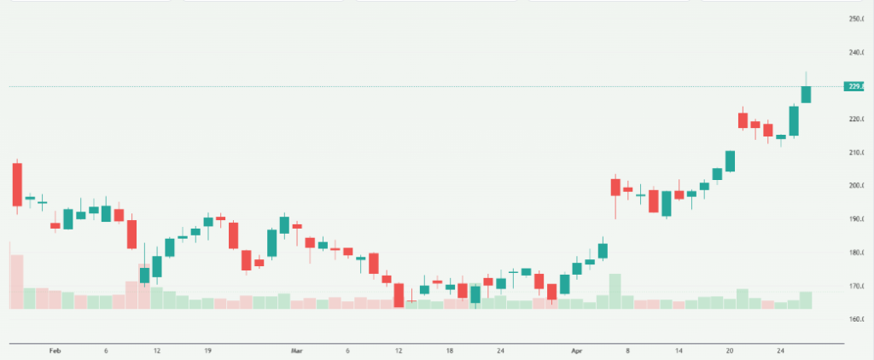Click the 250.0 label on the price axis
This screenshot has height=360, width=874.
click(x=858, y=19)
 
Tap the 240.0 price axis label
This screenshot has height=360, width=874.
click(x=858, y=53)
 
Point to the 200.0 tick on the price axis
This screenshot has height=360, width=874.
click(x=858, y=186)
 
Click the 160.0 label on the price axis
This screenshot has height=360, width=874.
click(x=858, y=320)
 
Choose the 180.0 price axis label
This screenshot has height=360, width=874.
click(x=858, y=253)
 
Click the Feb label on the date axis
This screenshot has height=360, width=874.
click(x=55, y=351)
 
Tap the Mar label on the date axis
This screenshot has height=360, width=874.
click(x=297, y=351)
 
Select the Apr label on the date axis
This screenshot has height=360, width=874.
click(x=576, y=351)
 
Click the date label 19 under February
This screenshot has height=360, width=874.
click(x=207, y=351)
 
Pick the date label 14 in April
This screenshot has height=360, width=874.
click(x=679, y=351)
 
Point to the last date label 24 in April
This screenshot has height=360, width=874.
click(x=781, y=351)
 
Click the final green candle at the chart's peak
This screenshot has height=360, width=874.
click(x=806, y=94)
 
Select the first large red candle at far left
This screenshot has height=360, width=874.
click(x=17, y=183)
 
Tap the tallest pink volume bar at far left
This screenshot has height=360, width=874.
click(x=17, y=282)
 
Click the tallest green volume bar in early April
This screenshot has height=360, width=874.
click(x=615, y=291)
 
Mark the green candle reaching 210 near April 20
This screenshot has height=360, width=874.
click(x=730, y=161)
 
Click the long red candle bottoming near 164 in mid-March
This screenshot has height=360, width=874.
click(x=399, y=295)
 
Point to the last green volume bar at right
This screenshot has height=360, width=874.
click(x=806, y=299)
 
